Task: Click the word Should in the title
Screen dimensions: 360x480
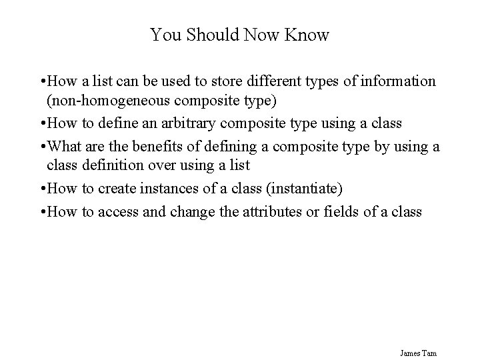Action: (x=207, y=35)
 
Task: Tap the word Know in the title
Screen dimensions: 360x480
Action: (x=307, y=35)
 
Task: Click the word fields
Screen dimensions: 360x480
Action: (x=351, y=212)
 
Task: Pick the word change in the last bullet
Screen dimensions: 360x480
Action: (x=177, y=212)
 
